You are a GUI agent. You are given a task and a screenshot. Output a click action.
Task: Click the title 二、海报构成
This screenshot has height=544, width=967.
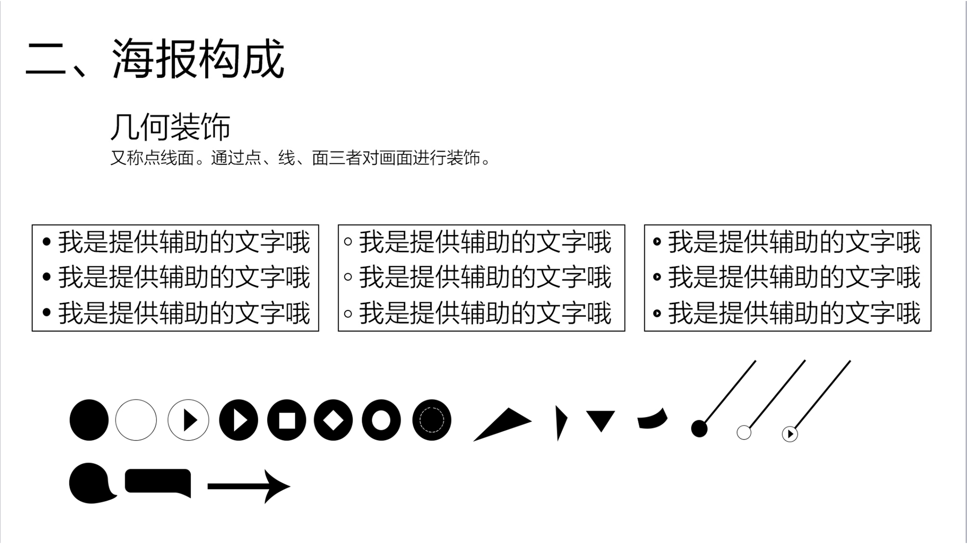[155, 59]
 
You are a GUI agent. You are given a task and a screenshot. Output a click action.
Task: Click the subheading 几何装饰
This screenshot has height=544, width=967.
[170, 127]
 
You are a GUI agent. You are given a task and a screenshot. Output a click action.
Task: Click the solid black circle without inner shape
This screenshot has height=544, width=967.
[89, 420]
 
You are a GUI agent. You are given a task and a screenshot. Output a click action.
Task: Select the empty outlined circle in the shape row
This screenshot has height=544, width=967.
[136, 420]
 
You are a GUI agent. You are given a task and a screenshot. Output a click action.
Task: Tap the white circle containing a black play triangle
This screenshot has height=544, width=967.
[188, 420]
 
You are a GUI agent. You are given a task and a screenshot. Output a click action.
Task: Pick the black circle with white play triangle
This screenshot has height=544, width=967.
[238, 420]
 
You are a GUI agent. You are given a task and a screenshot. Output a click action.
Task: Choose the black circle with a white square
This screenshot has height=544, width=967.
[287, 420]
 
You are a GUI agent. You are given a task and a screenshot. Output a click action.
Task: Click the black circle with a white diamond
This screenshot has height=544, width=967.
[333, 420]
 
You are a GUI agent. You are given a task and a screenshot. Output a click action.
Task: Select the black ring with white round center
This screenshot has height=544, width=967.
[381, 420]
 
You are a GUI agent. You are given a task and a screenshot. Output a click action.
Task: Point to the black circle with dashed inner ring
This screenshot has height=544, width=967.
[431, 420]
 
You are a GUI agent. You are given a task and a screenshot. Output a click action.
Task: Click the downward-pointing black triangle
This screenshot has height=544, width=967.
[601, 420]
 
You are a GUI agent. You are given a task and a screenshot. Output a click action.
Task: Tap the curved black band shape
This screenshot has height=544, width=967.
[653, 419]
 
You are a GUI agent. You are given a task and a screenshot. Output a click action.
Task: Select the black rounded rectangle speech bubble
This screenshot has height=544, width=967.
[157, 481]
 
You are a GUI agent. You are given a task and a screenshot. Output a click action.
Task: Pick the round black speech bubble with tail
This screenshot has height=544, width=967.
[90, 483]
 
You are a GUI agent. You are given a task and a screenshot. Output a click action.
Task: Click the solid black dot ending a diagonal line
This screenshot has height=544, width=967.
[699, 428]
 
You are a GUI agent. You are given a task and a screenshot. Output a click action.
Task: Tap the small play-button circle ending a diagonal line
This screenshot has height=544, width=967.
[790, 434]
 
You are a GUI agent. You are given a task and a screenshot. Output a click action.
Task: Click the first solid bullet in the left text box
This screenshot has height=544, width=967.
[47, 242]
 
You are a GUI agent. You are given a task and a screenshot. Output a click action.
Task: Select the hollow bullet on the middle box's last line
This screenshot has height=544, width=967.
[348, 313]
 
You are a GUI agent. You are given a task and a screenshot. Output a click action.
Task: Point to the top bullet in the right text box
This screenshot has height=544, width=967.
[657, 242]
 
